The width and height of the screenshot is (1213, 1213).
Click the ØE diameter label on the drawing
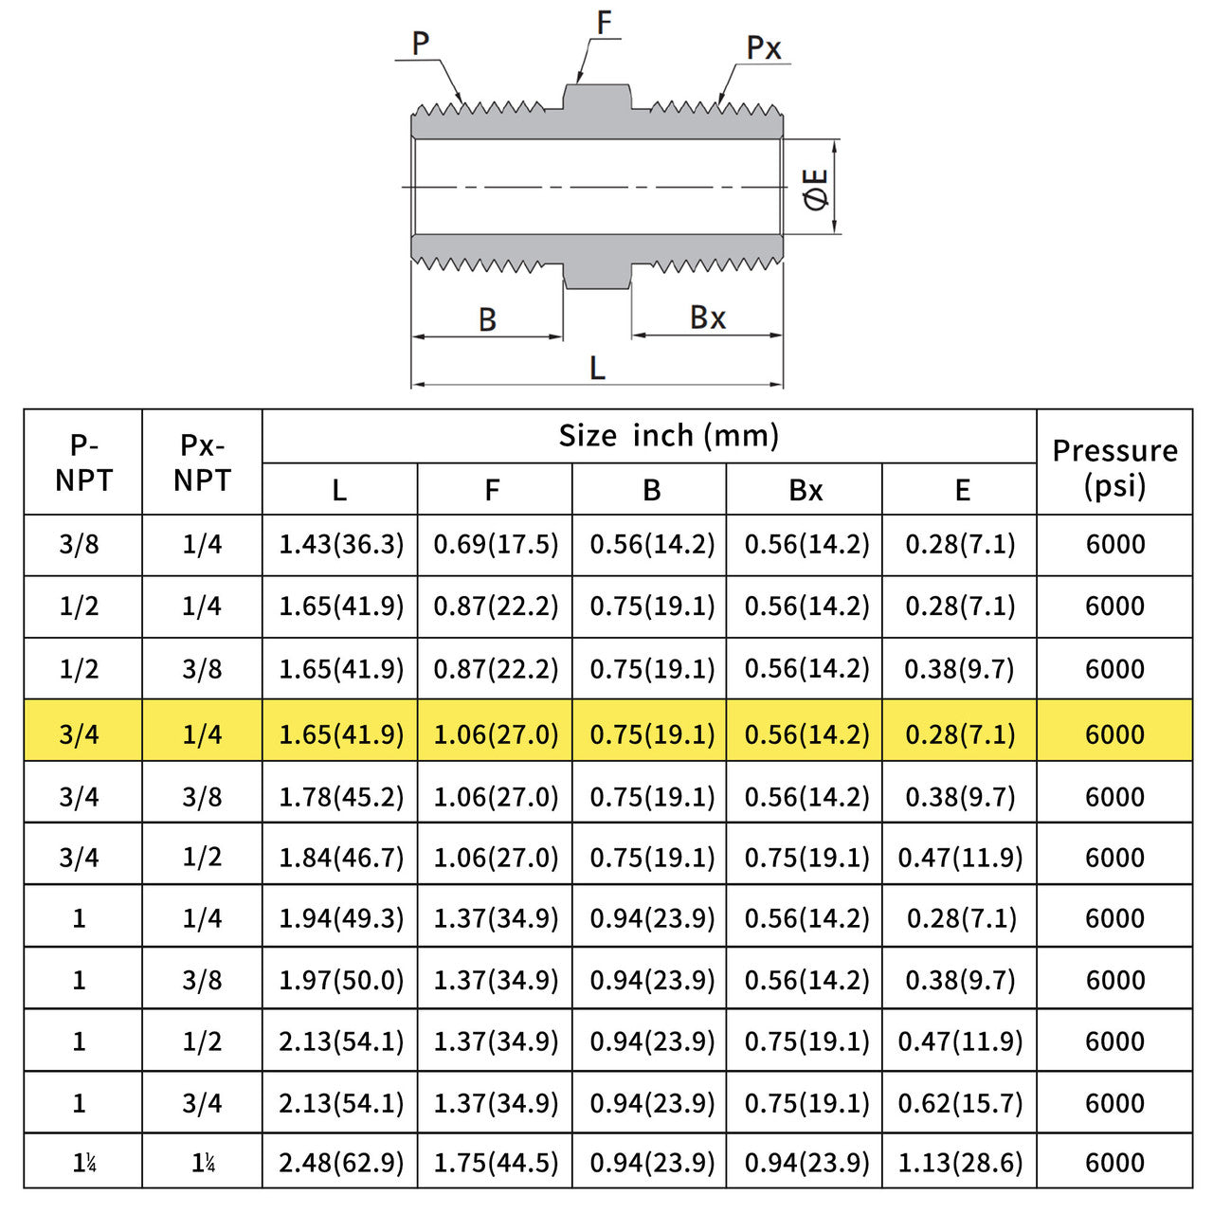click(816, 189)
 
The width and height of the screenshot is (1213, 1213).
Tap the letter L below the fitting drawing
click(597, 367)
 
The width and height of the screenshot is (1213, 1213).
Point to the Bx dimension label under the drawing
click(708, 317)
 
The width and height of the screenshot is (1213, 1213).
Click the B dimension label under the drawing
click(487, 319)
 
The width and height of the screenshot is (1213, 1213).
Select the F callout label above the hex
click(604, 23)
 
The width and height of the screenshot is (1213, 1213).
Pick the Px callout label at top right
click(764, 47)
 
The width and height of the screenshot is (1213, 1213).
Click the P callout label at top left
click(421, 44)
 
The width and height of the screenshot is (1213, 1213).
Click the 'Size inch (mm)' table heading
click(668, 435)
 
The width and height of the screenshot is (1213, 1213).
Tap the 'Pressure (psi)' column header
click(1114, 467)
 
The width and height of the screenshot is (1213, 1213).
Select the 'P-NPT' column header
click(83, 462)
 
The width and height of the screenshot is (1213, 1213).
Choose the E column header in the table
click(962, 490)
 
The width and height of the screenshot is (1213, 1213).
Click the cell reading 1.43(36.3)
click(340, 544)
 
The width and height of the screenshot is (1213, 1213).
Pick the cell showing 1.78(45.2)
click(340, 797)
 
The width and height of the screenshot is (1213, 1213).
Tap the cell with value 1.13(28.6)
click(960, 1162)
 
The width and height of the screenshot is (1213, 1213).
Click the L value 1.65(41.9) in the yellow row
click(340, 734)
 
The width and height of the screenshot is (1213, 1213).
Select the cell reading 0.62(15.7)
click(960, 1103)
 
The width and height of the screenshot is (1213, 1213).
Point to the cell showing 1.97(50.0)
click(340, 980)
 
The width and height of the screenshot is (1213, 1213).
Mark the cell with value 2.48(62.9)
click(340, 1162)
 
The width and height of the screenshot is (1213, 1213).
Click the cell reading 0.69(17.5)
click(496, 544)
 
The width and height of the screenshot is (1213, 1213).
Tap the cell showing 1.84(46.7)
click(340, 858)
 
